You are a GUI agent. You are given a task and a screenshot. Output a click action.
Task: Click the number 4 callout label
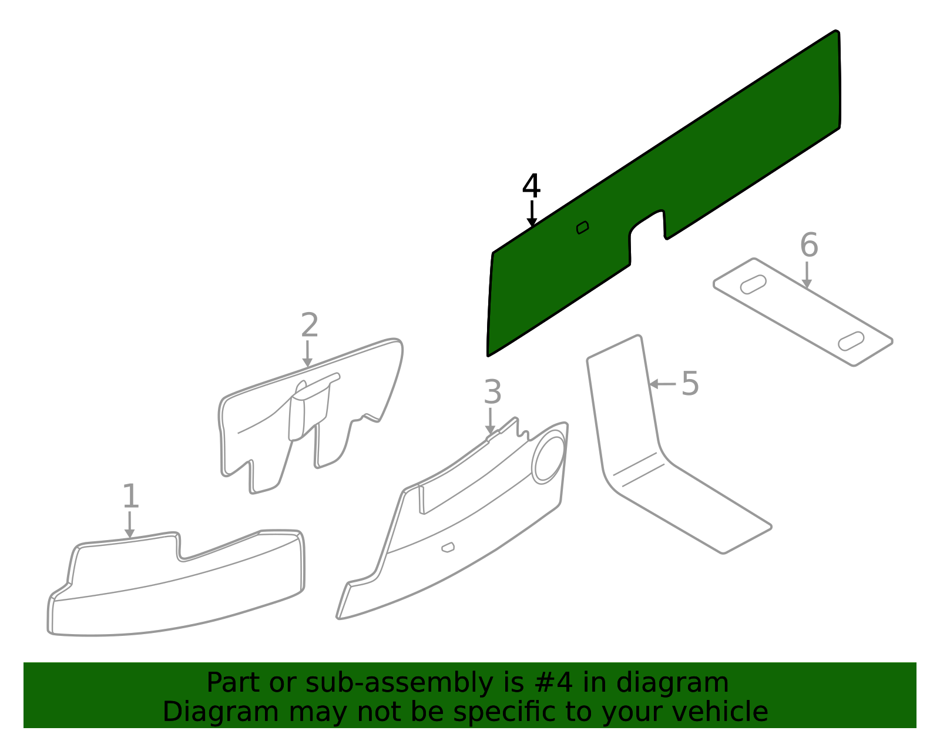[x=531, y=186]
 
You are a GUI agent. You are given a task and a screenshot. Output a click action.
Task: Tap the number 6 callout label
[x=809, y=245]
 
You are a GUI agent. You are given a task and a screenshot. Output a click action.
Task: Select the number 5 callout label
[x=690, y=383]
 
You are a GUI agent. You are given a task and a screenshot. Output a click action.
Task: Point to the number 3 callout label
[x=493, y=392]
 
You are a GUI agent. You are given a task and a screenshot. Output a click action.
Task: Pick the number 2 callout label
[x=310, y=325]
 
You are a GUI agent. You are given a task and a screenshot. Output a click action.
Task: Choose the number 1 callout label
[x=130, y=495]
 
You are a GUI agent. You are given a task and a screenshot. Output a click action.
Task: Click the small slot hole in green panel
[x=582, y=227]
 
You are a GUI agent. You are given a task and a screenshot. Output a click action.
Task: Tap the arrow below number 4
[x=532, y=214]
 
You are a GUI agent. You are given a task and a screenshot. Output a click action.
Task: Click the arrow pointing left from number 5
[x=662, y=384]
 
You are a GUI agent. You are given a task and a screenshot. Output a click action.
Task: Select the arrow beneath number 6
[x=807, y=274]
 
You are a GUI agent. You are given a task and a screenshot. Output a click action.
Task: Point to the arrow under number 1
[x=129, y=525]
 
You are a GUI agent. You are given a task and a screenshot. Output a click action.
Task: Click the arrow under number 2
[x=307, y=354]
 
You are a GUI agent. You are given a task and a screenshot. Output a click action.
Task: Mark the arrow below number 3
[x=490, y=421]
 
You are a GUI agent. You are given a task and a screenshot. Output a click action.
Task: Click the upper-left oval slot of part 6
[x=754, y=284]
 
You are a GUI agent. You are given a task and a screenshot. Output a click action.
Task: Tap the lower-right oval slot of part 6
[x=851, y=341]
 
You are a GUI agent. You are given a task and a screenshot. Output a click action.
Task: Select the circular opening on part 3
[x=549, y=457]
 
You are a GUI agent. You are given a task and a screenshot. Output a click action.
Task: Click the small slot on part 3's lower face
[x=448, y=548]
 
